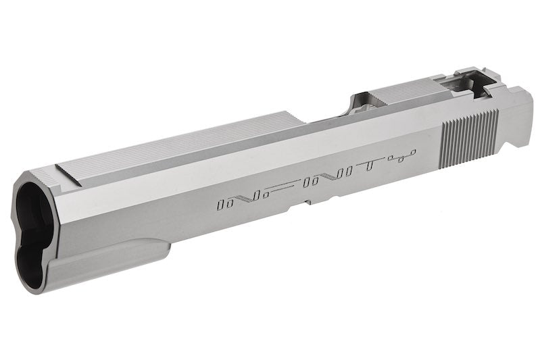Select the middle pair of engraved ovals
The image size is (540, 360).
(314, 181)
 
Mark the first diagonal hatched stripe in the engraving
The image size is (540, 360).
(245, 197)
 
